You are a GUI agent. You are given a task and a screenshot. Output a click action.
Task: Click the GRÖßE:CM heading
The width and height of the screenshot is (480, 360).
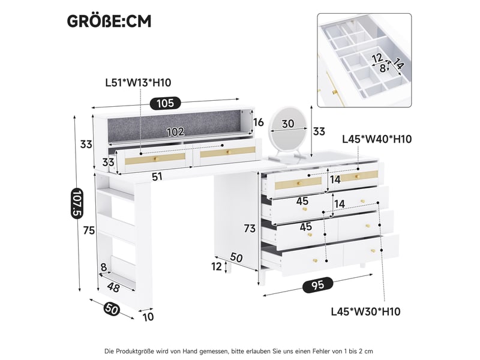point(109,22)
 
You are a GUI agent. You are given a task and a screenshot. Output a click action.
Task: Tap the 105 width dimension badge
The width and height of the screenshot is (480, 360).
point(166,103)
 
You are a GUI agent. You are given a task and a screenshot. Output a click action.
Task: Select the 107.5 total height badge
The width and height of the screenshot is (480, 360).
point(77,203)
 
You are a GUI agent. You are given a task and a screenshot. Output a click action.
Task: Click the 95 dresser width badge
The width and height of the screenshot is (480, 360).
point(317,284)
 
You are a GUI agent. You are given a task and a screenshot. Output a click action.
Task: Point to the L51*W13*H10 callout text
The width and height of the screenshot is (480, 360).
point(138,83)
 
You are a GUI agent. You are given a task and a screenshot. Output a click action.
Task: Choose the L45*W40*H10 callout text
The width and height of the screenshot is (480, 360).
point(377,139)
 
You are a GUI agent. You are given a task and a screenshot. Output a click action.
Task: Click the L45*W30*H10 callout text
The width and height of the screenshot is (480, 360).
point(366,311)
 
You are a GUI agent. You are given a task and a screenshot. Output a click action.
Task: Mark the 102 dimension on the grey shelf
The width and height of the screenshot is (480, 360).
point(175,131)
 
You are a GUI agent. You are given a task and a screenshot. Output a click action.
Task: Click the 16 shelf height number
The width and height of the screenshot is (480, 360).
point(259,122)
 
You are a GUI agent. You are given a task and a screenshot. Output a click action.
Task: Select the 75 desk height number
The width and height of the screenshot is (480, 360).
point(89,230)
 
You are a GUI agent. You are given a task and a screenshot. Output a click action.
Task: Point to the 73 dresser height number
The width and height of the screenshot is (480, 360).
point(250,229)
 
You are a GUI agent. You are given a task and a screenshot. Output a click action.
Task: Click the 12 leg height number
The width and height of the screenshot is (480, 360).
point(217,266)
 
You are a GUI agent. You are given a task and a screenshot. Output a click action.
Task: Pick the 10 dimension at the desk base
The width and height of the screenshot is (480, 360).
point(148,317)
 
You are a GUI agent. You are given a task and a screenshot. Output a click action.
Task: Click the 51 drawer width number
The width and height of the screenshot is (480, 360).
point(157,176)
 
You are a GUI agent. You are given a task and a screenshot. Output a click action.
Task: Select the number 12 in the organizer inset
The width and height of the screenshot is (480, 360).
point(378,58)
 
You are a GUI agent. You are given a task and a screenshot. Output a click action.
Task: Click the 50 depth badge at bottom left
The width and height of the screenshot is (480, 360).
point(112,308)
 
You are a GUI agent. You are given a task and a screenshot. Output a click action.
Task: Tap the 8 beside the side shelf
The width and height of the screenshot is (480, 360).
point(104,267)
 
